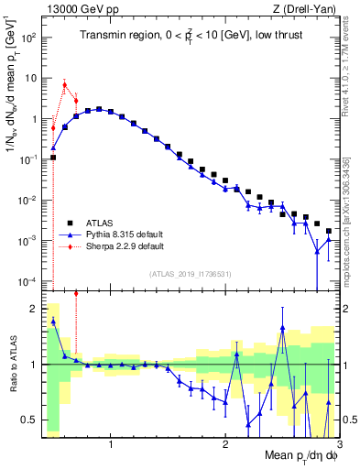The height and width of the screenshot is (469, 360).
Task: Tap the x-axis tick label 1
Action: (111, 445)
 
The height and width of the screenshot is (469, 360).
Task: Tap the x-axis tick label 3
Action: (338, 445)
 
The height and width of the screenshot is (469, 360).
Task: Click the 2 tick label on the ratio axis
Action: (34, 309)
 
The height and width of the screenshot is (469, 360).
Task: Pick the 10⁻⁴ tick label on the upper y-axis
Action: (28, 281)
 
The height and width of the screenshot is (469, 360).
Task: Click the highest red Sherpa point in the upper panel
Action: (64, 84)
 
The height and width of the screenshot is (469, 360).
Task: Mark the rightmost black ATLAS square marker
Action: (328, 229)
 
